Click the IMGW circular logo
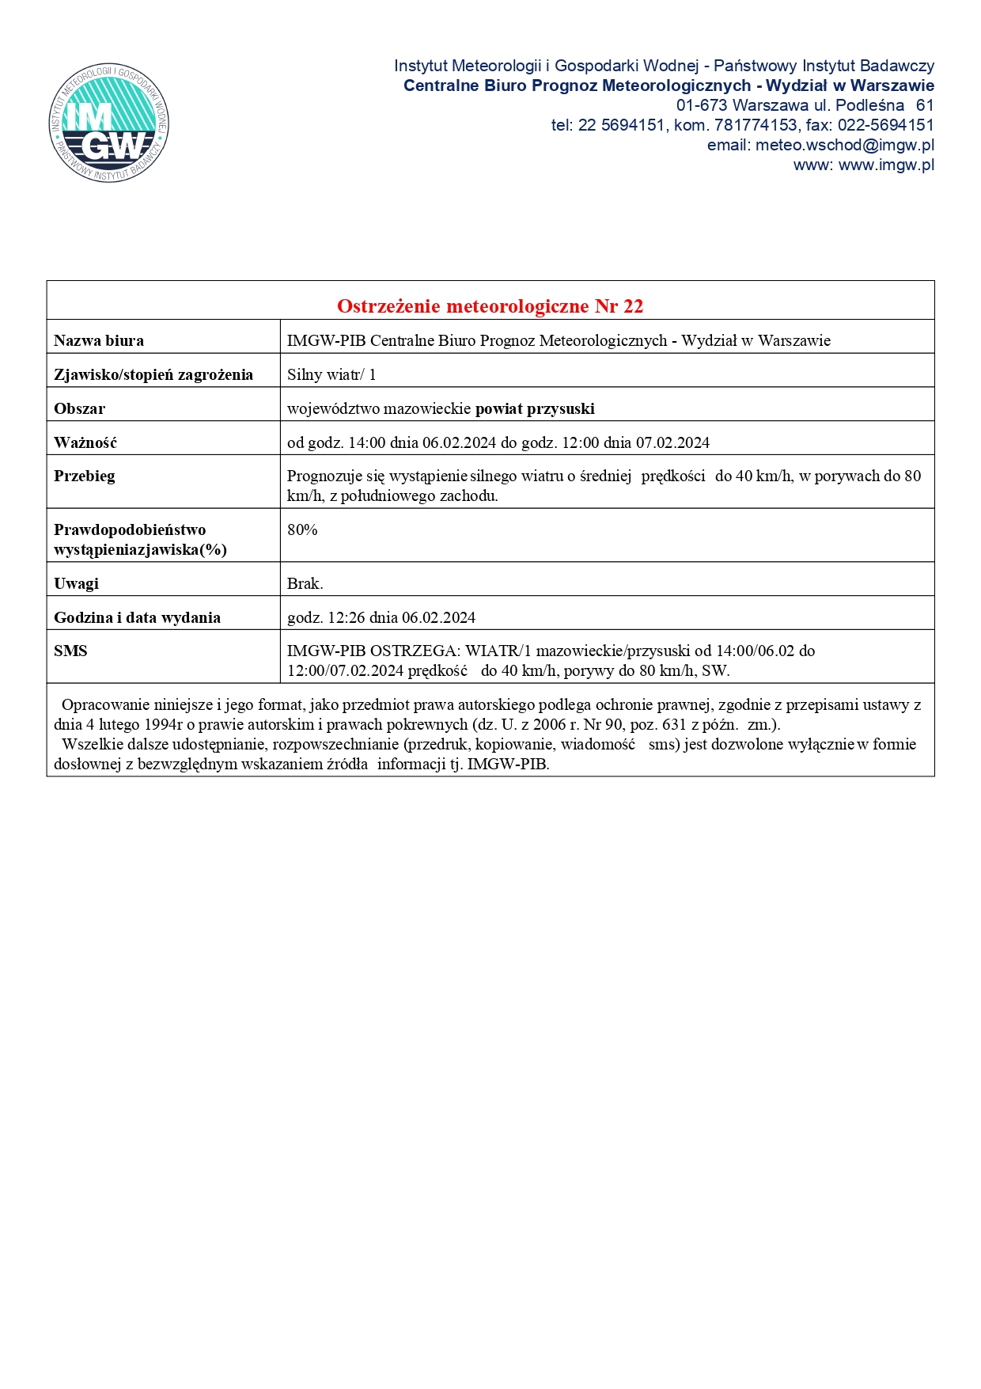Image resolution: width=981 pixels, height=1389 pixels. point(108,123)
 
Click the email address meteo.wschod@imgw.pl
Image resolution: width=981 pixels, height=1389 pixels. point(844,146)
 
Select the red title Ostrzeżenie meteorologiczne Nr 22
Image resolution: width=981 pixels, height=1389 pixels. point(490,306)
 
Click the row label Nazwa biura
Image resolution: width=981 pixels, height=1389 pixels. point(99,341)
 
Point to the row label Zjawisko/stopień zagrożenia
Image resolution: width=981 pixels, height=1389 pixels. point(153,375)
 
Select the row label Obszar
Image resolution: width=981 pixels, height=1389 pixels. point(79,409)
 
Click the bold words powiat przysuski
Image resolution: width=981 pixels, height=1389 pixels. point(535,409)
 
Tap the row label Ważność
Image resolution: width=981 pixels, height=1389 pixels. point(85,443)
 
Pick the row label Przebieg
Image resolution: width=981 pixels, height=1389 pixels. point(85,476)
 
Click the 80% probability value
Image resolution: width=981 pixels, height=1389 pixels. point(302,530)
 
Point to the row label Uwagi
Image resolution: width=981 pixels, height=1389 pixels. point(76,584)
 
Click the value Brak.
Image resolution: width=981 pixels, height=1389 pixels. point(305,584)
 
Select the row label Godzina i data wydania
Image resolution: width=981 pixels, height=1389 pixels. point(137,618)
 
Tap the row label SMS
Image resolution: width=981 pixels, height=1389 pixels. point(70,651)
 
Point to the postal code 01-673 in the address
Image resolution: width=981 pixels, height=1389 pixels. point(702,106)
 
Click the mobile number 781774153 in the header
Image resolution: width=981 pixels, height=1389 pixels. point(756,126)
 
